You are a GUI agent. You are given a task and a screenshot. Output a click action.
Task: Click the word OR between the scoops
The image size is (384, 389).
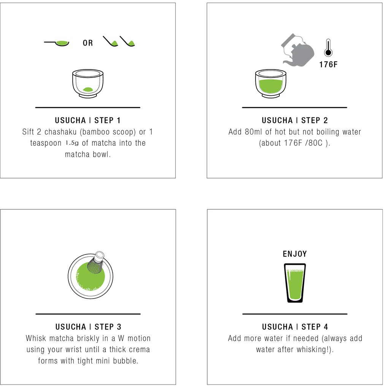coord(87,43)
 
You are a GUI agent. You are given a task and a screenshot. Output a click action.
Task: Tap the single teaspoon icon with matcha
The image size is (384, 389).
coord(57,43)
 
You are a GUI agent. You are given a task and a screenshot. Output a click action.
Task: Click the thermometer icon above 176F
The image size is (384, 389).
coord(328,47)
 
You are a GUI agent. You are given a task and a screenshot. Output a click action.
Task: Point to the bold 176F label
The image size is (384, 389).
coord(328,65)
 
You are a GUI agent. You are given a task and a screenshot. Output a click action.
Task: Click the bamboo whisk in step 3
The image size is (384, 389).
coord(96,262)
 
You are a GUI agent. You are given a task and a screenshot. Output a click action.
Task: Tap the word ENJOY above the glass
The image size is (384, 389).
coord(295,254)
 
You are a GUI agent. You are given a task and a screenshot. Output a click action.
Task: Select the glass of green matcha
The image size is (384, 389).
coord(295,283)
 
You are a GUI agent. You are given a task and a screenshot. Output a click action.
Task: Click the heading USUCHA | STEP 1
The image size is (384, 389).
coord(87,120)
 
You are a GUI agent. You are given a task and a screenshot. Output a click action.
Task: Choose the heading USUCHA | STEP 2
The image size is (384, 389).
coord(295,120)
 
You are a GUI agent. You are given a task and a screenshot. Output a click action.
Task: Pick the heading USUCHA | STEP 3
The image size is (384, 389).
coord(88,327)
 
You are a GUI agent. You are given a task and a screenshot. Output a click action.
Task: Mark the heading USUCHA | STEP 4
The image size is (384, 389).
coord(295,327)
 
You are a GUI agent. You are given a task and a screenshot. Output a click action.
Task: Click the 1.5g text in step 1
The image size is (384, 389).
coord(72,143)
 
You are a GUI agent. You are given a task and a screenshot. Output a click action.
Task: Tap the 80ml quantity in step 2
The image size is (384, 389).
coord(253,132)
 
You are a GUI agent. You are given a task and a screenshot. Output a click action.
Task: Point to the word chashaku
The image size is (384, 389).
coord(60,132)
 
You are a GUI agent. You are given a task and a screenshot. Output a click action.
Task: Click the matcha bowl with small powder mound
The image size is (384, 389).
coord(87,84)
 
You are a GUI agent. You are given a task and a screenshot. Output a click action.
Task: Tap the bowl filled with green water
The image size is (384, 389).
coord(271,84)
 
